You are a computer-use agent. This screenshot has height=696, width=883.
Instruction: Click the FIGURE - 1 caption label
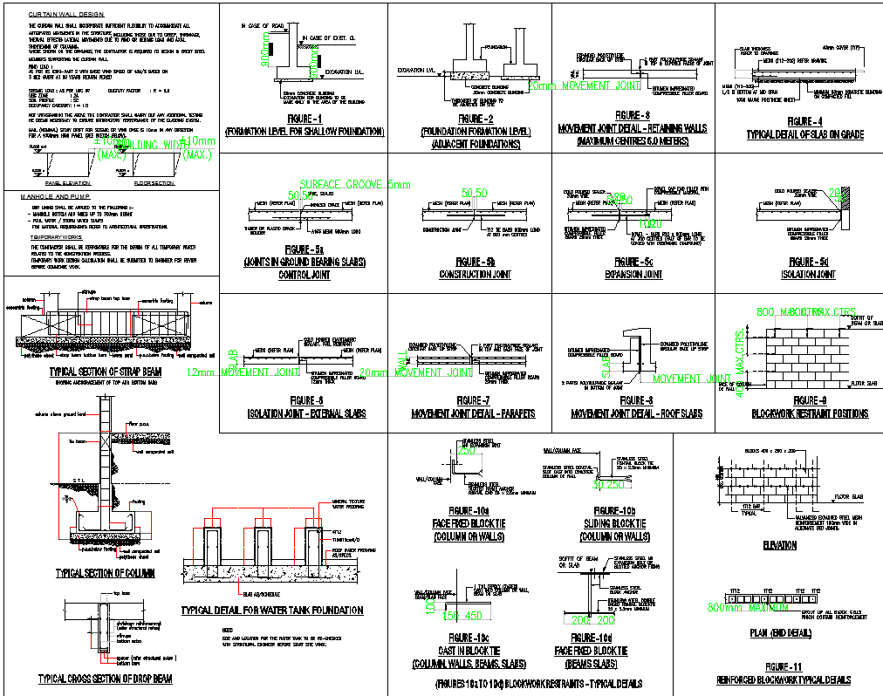304,119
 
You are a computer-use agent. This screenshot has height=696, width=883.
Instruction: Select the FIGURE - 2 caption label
469,119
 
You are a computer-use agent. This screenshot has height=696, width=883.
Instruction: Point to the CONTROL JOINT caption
304,275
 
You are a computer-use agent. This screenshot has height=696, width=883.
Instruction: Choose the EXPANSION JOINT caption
633,275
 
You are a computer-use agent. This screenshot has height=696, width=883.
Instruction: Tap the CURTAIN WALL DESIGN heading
65,15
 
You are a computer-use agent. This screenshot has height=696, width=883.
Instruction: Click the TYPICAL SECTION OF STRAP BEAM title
106,372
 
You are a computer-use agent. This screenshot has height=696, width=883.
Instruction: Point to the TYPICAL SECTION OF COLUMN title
106,573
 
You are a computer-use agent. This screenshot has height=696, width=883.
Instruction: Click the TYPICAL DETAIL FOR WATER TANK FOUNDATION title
271,611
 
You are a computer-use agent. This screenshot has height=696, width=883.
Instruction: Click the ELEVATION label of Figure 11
779,545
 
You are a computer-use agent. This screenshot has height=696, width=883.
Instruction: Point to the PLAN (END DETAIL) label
778,634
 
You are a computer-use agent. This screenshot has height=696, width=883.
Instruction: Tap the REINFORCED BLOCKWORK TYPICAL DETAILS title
784,679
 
